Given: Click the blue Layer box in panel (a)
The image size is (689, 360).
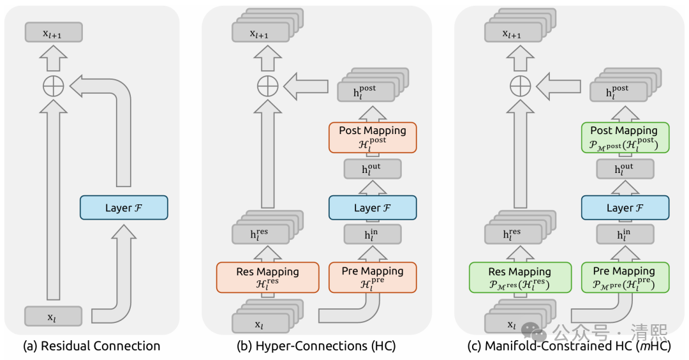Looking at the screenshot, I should (x=123, y=208).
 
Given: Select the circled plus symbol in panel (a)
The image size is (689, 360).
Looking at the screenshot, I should (x=54, y=85).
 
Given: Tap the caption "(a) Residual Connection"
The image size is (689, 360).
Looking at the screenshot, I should (x=91, y=346).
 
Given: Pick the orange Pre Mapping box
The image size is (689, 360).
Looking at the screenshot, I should (x=373, y=277).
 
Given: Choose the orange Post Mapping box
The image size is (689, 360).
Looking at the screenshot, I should (x=373, y=137).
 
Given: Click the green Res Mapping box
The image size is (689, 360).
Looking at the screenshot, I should (x=519, y=277).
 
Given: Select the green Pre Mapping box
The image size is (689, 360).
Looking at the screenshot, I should (x=624, y=277).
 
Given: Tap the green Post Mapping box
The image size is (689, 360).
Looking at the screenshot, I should (x=624, y=137).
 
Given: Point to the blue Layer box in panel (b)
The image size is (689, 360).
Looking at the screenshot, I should (x=373, y=208).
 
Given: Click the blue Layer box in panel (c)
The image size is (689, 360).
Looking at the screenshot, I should (x=624, y=208).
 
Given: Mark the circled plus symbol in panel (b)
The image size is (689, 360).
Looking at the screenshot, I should (x=268, y=85).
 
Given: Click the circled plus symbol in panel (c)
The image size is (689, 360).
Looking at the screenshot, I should (x=520, y=85).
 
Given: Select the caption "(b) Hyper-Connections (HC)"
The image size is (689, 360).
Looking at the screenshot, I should (x=316, y=346).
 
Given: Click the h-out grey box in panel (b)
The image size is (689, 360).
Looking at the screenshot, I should (x=373, y=169).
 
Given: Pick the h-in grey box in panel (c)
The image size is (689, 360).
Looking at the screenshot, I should (x=624, y=234).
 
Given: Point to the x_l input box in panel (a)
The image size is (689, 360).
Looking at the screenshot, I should (x=54, y=316).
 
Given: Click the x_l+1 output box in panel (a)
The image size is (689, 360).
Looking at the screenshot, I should (x=54, y=33).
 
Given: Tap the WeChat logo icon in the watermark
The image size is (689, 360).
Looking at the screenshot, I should (x=534, y=331).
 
